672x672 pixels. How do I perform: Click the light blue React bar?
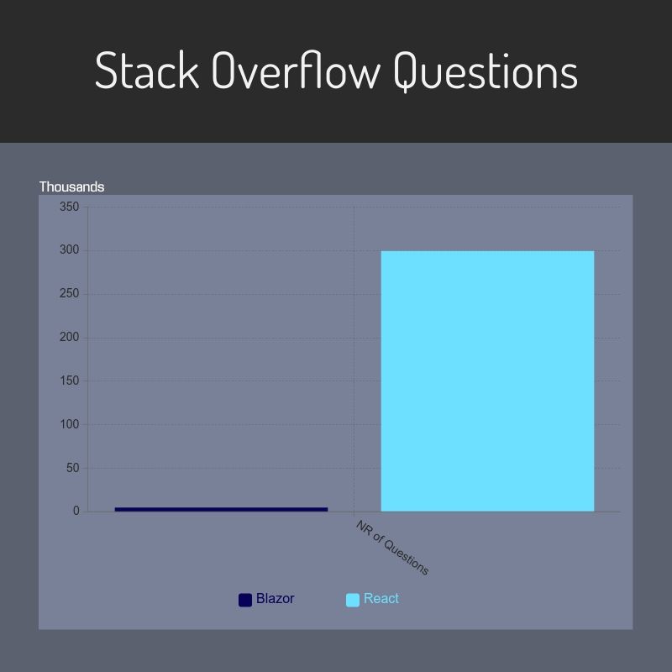pos(487,381)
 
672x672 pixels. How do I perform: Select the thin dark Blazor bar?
pos(221,509)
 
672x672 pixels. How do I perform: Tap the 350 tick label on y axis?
pos(70,207)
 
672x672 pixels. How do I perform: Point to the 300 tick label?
pos(70,249)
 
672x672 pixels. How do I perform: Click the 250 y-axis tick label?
pos(70,293)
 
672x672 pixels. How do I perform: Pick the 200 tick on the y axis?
pos(70,338)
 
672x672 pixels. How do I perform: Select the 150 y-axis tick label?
pos(70,381)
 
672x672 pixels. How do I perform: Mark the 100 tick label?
pos(70,424)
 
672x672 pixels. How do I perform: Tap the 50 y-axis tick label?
pos(73,468)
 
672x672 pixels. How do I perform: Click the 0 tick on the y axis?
pos(76,511)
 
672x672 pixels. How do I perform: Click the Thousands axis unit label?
pos(71,186)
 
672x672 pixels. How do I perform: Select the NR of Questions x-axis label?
pos(392,548)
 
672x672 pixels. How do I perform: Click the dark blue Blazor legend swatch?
pos(245,600)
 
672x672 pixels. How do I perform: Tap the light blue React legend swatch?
pos(353,600)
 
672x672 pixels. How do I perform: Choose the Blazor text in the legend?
pos(276,599)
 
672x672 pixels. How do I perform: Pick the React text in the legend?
pos(381,599)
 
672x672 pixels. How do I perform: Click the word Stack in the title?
pos(147,70)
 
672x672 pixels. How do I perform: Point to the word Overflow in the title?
pos(297,70)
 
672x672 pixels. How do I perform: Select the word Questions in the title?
pos(486,72)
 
